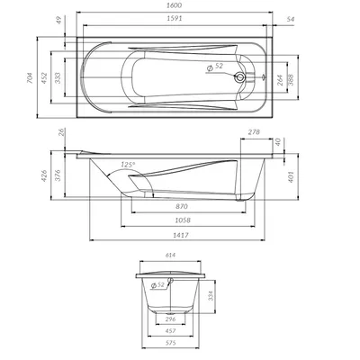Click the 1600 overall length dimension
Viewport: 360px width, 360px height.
(175, 5)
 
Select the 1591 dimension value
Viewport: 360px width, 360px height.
(175, 19)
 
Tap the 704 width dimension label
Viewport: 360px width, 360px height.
(30, 77)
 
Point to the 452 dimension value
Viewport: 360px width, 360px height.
(44, 77)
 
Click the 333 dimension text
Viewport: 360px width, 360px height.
(58, 77)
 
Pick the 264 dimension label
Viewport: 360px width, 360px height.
(280, 80)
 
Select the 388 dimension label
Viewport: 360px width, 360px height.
(290, 79)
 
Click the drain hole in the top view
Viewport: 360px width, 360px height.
(239, 77)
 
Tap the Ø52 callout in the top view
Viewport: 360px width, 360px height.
(215, 67)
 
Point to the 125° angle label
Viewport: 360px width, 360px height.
(128, 165)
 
